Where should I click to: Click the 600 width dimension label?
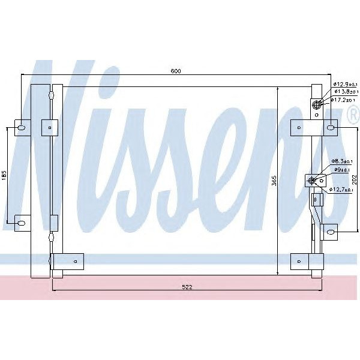coord(175,71)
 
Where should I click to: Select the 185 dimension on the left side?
coord(4,175)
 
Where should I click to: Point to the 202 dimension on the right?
coord(354,178)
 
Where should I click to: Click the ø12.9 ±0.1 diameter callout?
coord(344,84)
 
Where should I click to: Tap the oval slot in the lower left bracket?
coord(20,224)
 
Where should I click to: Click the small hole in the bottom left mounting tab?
coord(75,261)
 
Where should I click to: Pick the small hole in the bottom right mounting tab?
coord(298,260)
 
